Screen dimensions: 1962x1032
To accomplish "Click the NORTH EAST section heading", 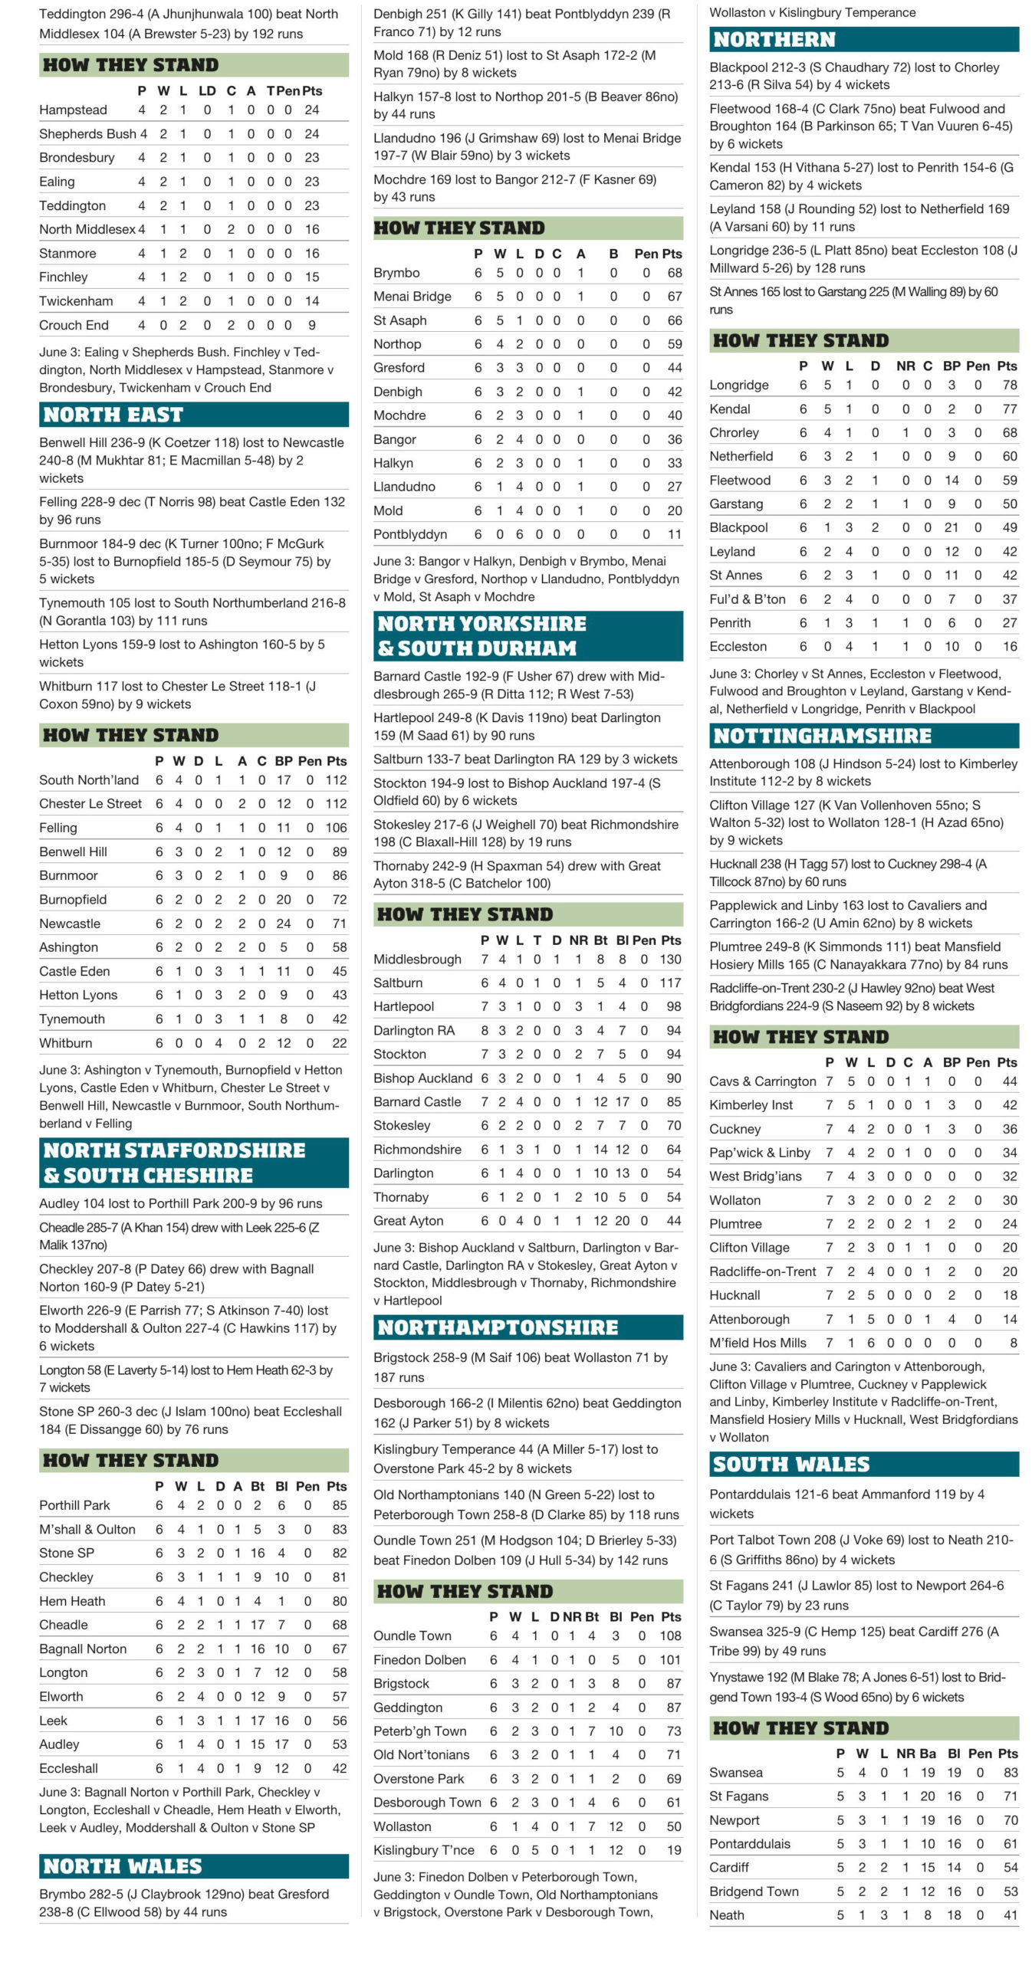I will pyautogui.click(x=113, y=415).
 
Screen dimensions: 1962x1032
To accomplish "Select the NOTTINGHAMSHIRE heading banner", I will pyautogui.click(x=822, y=736).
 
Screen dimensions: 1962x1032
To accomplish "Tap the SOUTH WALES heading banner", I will pyautogui.click(x=790, y=1464).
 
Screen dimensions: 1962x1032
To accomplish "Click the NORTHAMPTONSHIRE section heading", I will pyautogui.click(x=498, y=1327).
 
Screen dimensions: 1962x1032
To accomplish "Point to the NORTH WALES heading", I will pyautogui.click(x=123, y=1866).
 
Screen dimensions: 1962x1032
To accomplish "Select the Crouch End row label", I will pyautogui.click(x=74, y=325).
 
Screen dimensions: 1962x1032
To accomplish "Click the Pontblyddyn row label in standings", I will pyautogui.click(x=409, y=534).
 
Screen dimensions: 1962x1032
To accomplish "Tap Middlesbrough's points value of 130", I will pyautogui.click(x=670, y=959).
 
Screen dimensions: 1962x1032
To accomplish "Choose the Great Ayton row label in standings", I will pyautogui.click(x=409, y=1221).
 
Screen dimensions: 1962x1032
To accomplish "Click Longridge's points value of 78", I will pyautogui.click(x=1010, y=385).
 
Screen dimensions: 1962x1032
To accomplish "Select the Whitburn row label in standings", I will pyautogui.click(x=66, y=1043).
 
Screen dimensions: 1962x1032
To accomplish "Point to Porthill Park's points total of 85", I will pyautogui.click(x=339, y=1505).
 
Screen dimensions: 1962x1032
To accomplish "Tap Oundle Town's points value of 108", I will pyautogui.click(x=670, y=1636).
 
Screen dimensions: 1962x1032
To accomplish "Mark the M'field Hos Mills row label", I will pyautogui.click(x=758, y=1343).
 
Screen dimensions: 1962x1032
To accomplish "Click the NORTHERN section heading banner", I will pyautogui.click(x=774, y=40).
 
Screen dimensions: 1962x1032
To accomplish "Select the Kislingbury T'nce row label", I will pyautogui.click(x=423, y=1850).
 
